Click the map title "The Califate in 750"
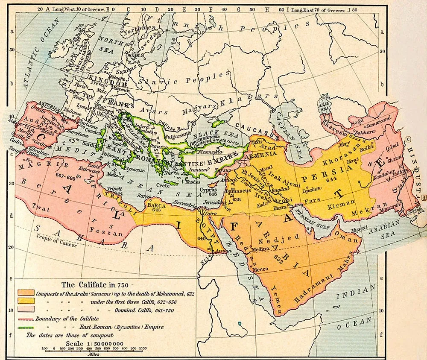click(94, 285)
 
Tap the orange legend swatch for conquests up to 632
click(26, 293)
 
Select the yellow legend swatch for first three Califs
click(26, 301)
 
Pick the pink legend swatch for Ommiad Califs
click(26, 310)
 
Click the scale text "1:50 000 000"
click(101, 343)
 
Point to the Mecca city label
click(260, 269)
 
